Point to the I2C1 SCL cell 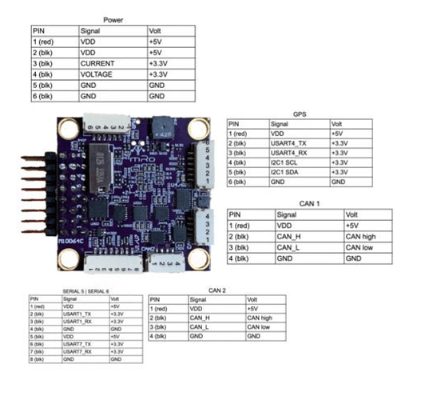[289, 160]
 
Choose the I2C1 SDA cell [290, 171]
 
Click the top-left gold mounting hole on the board [68, 127]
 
